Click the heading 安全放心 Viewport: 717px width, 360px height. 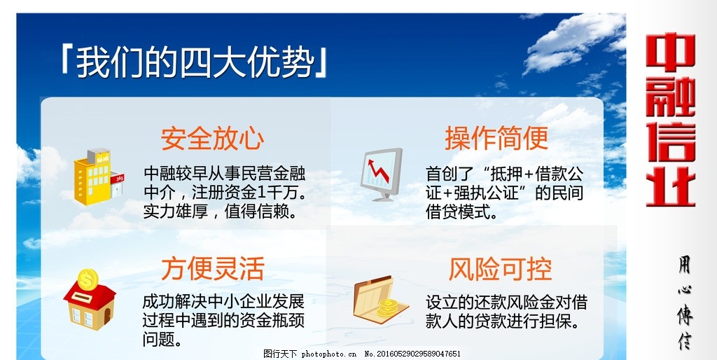coord(212,139)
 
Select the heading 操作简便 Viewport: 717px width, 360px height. coord(496,139)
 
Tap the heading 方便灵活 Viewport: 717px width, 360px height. coord(212,268)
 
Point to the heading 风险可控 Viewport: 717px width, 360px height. coord(500,268)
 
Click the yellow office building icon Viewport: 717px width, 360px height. coord(97,176)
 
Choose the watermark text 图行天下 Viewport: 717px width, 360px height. coord(280,354)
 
